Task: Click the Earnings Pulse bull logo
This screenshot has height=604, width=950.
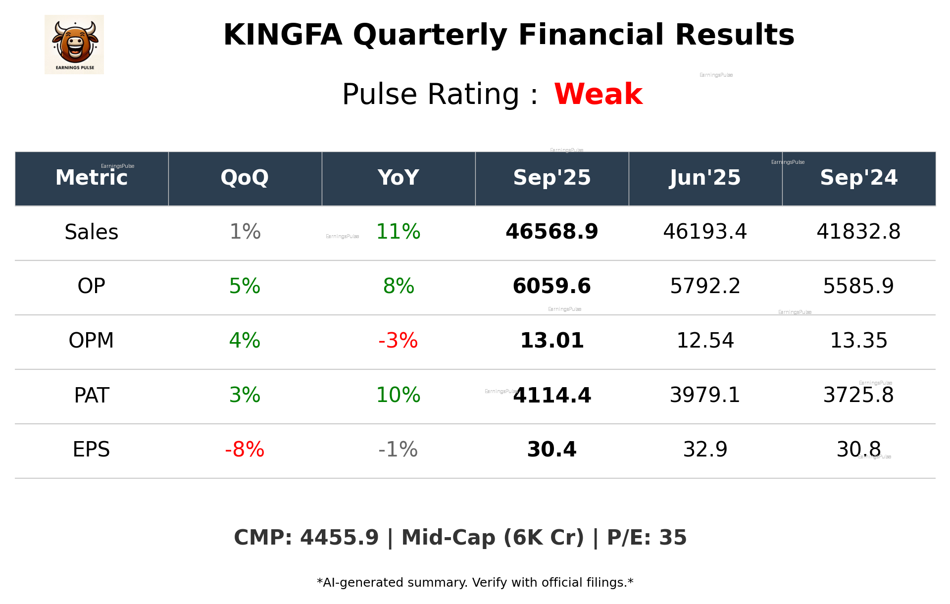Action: pos(74,44)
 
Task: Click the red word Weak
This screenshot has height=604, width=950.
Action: pos(598,94)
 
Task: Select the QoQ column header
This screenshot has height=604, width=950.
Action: pos(245,178)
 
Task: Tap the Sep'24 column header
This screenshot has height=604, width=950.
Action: pos(858,178)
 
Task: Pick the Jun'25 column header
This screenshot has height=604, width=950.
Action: pos(705,178)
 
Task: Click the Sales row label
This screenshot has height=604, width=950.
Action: pos(92,232)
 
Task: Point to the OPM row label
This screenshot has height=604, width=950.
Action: pos(92,341)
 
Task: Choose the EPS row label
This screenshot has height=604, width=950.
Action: pos(92,450)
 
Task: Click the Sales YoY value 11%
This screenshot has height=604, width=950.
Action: pos(398,232)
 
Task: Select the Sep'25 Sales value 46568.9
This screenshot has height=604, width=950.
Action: pos(551,232)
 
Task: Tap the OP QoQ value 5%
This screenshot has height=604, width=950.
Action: pos(245,286)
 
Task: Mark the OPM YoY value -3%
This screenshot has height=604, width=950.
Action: pos(398,341)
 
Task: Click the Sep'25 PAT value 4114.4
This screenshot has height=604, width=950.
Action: pos(552,395)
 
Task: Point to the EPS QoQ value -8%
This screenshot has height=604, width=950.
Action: pos(245,450)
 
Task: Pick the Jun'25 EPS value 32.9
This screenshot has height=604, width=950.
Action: pos(705,450)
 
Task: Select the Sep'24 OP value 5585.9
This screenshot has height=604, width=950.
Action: pos(858,286)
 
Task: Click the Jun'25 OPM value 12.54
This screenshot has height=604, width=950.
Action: pos(705,341)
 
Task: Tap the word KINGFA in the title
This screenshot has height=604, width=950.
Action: pos(283,35)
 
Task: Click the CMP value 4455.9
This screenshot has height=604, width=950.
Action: pos(339,538)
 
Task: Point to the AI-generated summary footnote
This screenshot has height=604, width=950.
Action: pos(475,583)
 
